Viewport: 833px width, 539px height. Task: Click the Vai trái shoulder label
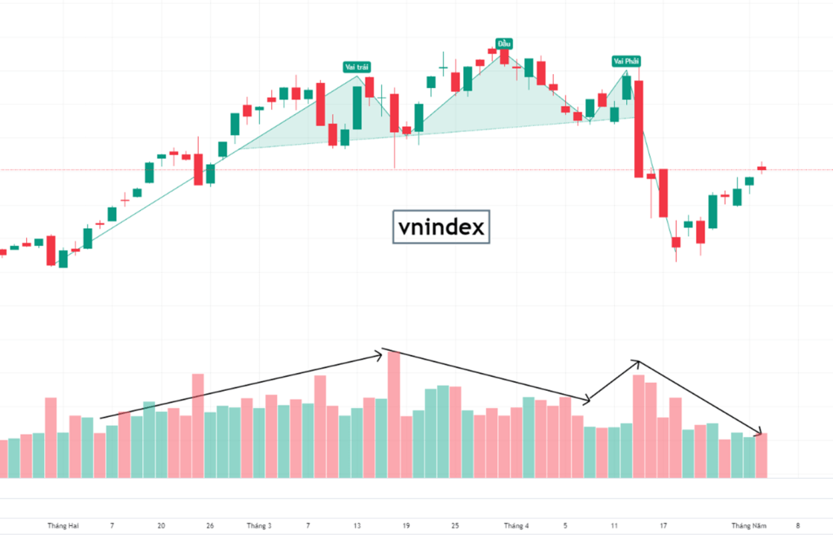[x=355, y=68]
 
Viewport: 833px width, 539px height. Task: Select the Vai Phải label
[x=625, y=61]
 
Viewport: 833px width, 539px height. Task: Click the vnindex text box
[x=440, y=226]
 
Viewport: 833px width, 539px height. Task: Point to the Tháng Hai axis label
[x=63, y=526]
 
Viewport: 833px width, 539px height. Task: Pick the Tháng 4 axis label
[x=515, y=526]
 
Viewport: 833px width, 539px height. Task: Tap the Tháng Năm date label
[x=748, y=526]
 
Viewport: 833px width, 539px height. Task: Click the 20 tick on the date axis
[x=161, y=526]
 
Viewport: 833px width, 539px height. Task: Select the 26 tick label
[x=210, y=526]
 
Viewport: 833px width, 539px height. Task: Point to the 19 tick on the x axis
[x=406, y=526]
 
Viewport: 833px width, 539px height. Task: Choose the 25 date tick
[x=455, y=526]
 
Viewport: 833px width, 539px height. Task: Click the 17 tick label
[x=664, y=526]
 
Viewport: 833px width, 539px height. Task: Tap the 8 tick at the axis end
[x=798, y=526]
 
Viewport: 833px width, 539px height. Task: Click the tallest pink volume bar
[x=394, y=414]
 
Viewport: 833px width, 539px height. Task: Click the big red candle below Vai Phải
[x=639, y=129]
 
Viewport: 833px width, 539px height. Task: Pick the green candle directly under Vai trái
[x=357, y=107]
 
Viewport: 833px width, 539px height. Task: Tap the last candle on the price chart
[x=762, y=169]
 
